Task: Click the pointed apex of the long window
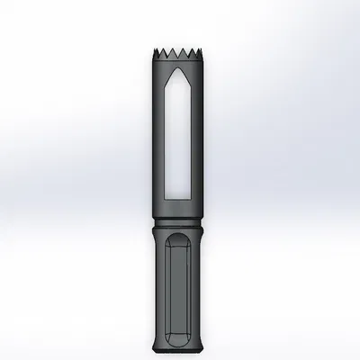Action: (x=176, y=67)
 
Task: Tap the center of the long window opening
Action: (x=176, y=135)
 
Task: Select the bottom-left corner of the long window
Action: (x=166, y=197)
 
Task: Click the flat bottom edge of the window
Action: (x=176, y=198)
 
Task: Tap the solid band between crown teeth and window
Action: (x=176, y=59)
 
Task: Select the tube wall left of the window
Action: (x=156, y=135)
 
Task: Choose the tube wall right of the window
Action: (x=198, y=135)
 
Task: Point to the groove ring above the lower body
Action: (x=176, y=224)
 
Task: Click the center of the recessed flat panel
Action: (x=176, y=288)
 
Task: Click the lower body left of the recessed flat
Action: (x=159, y=288)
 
